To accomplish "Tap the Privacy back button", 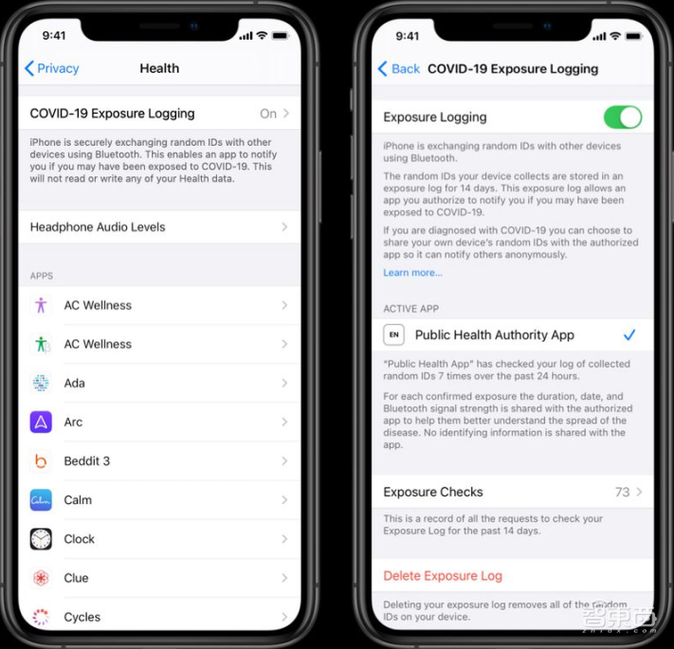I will tap(51, 68).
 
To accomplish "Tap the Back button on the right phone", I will tap(399, 68).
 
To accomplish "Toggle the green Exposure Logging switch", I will tap(623, 117).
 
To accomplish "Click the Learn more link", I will tap(412, 273).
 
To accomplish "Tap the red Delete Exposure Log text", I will tap(443, 575).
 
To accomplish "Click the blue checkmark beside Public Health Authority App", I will tap(629, 334).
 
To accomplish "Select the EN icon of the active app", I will tap(394, 334).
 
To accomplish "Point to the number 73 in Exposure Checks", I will tap(622, 492).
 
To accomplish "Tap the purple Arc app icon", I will tap(41, 422).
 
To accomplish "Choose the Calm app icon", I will tap(41, 499).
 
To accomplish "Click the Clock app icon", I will tap(41, 539).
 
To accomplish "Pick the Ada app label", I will tap(75, 383).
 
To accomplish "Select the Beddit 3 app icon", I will tap(41, 460).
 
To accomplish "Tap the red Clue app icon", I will tap(41, 578).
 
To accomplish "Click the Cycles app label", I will tap(82, 617).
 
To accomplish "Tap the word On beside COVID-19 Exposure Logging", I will tap(268, 114).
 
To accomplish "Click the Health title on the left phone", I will tap(159, 68).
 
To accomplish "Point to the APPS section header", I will tap(42, 276).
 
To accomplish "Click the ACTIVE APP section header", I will tap(410, 309).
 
